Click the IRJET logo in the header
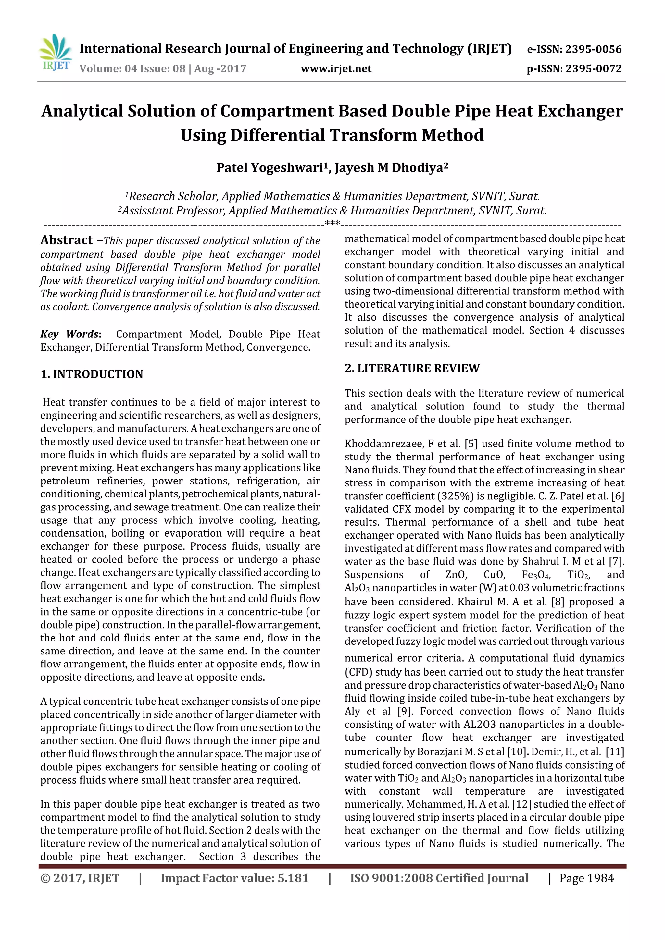click(x=55, y=53)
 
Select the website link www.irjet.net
click(x=336, y=68)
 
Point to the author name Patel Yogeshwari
click(x=270, y=168)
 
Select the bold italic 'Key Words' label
click(x=70, y=334)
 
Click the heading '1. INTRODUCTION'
click(x=92, y=374)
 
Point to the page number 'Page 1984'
click(x=586, y=878)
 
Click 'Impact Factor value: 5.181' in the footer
click(x=234, y=878)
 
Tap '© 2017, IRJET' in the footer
click(x=80, y=878)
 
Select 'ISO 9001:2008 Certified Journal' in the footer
click(x=439, y=878)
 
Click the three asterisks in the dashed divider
click(x=332, y=224)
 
